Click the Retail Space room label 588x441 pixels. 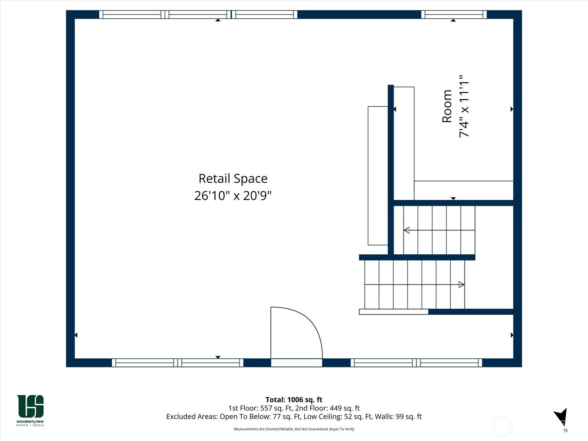(233, 179)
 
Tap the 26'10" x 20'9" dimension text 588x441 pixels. (233, 196)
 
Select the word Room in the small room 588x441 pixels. (447, 106)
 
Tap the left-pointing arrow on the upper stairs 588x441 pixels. (439, 230)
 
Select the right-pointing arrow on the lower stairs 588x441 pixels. (415, 284)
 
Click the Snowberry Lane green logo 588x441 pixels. (30, 410)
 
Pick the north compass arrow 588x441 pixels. (561, 416)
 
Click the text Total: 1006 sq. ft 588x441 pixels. (294, 400)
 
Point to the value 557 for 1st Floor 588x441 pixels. (266, 408)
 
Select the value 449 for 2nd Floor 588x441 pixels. (336, 408)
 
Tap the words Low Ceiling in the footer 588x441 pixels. (323, 417)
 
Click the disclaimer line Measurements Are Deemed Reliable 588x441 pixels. (294, 429)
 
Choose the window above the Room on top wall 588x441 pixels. (454, 14)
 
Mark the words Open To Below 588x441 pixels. (245, 417)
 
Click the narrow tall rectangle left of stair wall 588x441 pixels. (378, 176)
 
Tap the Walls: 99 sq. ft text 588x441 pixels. (398, 417)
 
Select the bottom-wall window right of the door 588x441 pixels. (416, 363)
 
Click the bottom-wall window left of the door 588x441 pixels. (178, 363)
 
